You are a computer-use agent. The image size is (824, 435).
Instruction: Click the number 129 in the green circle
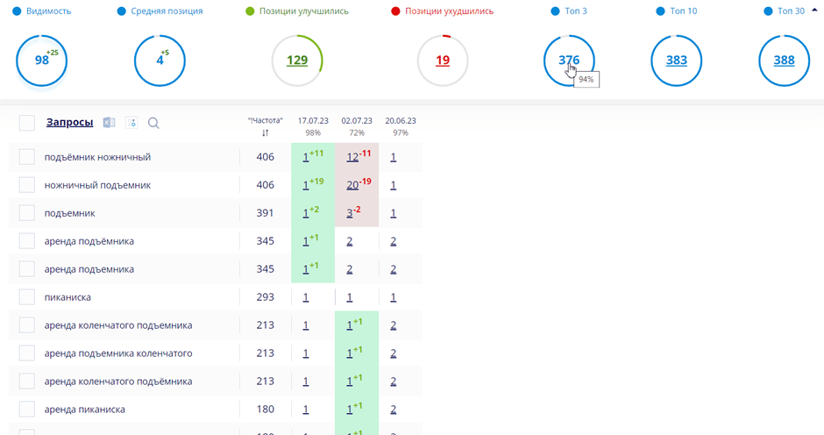point(297,61)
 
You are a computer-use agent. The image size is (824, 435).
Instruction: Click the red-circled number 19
point(443,61)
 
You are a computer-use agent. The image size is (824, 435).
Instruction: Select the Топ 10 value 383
point(676,61)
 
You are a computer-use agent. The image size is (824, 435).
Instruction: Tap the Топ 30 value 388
point(784,61)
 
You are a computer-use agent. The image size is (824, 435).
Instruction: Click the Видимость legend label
point(48,11)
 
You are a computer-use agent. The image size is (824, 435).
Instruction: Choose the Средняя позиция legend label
point(167,11)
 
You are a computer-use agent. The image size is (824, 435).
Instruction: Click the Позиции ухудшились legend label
point(449,11)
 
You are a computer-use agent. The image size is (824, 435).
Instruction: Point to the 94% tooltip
point(586,79)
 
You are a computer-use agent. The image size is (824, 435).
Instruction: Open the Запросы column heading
point(69,123)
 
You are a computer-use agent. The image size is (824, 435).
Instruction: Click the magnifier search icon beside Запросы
point(153,124)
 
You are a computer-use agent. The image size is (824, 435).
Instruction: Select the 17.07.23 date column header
point(313,121)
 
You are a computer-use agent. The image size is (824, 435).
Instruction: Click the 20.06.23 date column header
point(401,121)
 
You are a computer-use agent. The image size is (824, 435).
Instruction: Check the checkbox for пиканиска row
point(27,297)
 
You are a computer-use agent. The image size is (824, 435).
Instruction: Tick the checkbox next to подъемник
point(27,213)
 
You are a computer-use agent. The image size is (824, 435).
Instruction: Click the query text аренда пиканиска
point(84,410)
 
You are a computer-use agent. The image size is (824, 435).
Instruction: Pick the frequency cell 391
point(265,213)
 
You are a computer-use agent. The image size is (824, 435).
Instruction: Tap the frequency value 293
point(265,297)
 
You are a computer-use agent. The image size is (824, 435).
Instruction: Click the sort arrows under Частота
point(265,133)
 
